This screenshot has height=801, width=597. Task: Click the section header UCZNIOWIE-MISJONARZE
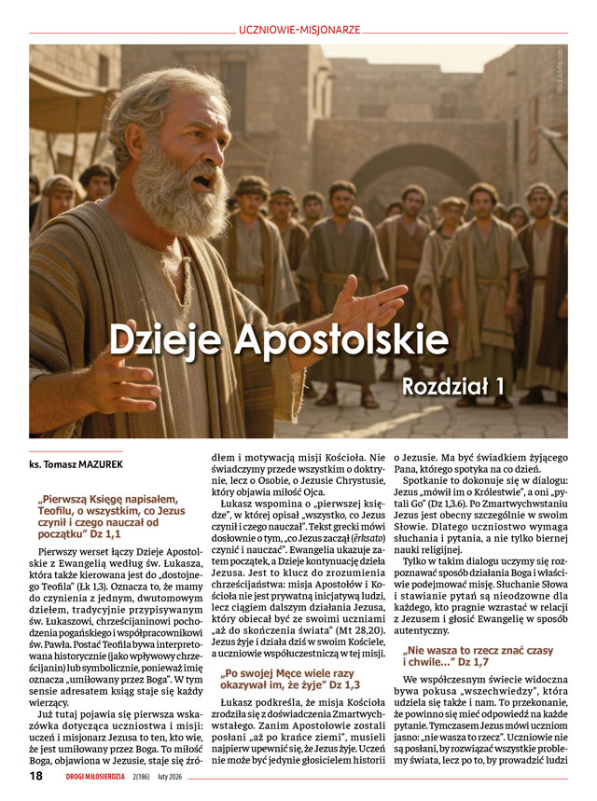pos(298,30)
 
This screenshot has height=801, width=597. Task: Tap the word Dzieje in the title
pos(165,338)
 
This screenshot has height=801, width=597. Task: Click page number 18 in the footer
pos(36,776)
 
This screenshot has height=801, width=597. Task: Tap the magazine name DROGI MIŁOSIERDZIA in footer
pos(100,777)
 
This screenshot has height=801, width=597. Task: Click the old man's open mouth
pos(201,181)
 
